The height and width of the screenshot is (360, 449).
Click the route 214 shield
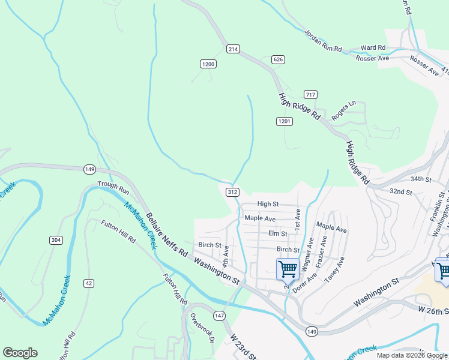point(234,48)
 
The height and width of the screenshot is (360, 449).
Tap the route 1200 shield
point(208,64)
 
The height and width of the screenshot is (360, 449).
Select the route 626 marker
point(278,59)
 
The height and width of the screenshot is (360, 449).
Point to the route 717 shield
point(310,95)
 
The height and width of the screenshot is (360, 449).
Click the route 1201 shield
point(285,122)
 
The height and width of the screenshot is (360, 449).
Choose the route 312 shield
point(234,192)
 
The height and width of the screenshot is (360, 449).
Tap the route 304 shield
point(56,240)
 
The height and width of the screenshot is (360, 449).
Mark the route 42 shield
point(89,283)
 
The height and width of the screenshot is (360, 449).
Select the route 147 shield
point(219,316)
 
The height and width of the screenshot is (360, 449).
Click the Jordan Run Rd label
point(322,40)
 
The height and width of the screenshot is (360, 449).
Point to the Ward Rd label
point(373,47)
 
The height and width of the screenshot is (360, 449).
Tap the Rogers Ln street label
point(344,110)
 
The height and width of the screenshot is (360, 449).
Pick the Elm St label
point(278,234)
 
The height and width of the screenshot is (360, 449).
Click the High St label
point(268,205)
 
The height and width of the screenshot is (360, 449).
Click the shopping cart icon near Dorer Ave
point(288,269)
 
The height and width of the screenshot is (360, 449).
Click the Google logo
point(20,353)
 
